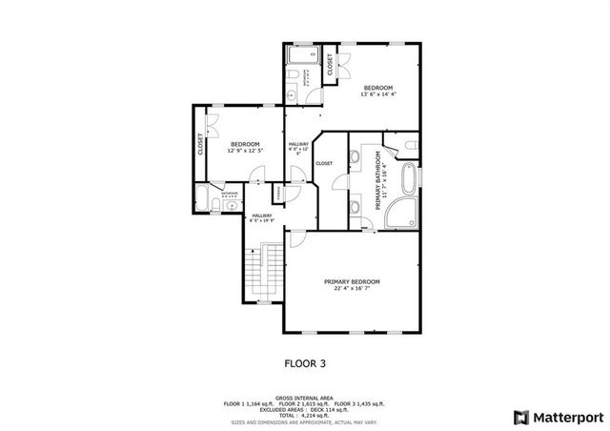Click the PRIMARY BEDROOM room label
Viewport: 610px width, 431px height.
(352, 281)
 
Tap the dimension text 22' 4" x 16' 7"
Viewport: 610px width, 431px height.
(352, 289)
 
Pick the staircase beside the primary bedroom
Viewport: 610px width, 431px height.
(261, 272)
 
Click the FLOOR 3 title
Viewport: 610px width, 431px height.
(305, 362)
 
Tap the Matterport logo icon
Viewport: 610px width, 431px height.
(519, 417)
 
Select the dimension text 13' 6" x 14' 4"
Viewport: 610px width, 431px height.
(377, 94)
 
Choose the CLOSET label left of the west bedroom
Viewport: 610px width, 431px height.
(200, 145)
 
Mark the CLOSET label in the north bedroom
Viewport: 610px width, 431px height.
(331, 65)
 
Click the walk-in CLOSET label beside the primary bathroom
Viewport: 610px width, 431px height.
(324, 163)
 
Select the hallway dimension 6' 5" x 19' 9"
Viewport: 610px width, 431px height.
(261, 221)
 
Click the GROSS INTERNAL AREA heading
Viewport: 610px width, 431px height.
(304, 398)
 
